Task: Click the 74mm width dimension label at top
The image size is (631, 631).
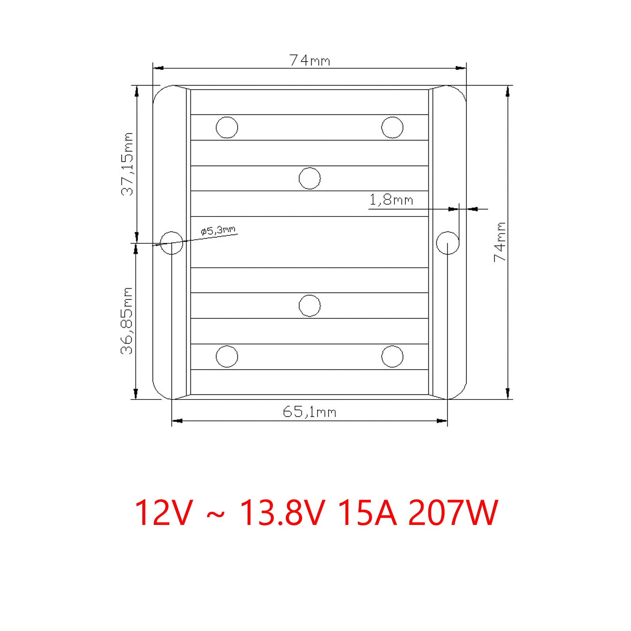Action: (x=310, y=60)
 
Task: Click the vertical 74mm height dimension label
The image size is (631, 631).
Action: (x=500, y=242)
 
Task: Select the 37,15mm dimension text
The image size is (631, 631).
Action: (x=127, y=164)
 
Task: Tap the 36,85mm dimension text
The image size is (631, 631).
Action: (x=127, y=321)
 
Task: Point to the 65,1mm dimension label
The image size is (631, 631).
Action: (x=310, y=412)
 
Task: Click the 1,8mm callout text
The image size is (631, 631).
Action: (x=391, y=200)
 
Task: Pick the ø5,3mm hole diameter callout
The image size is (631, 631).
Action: (x=218, y=230)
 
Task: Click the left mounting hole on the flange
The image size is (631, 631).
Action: (x=172, y=243)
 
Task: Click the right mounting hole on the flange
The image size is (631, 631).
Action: (x=448, y=243)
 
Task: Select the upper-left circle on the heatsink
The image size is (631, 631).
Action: (x=227, y=127)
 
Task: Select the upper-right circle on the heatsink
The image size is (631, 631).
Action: (x=392, y=127)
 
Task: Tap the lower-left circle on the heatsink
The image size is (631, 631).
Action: (x=227, y=357)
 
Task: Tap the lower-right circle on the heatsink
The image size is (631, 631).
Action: (x=392, y=357)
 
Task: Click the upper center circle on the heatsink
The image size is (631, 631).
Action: (x=310, y=178)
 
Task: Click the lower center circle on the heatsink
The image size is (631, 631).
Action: (x=310, y=306)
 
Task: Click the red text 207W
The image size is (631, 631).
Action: (x=453, y=513)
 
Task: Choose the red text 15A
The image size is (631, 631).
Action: (x=367, y=513)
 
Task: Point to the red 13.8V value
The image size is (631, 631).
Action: (x=282, y=513)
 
